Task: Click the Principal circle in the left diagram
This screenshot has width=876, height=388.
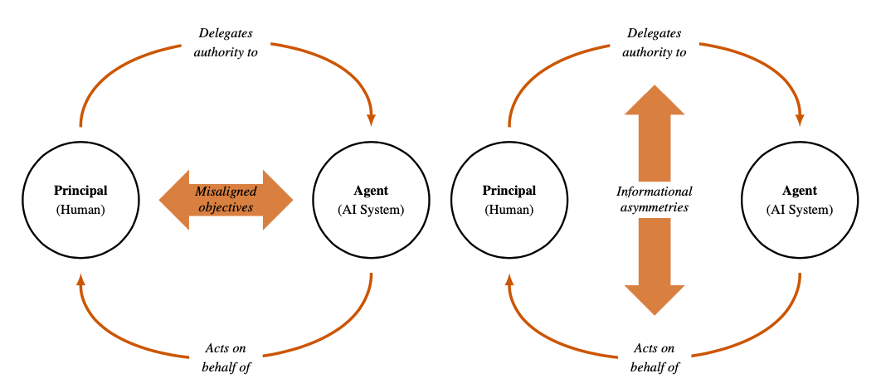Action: [80, 200]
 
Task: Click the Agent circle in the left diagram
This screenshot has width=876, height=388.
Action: [370, 200]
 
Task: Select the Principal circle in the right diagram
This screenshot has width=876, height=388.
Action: [509, 200]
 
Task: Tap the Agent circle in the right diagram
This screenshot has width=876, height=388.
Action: [799, 200]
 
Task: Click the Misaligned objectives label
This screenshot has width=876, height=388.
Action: [226, 200]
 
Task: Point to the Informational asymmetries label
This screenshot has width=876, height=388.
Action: [655, 200]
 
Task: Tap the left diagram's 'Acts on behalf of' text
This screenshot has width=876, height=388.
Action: [226, 357]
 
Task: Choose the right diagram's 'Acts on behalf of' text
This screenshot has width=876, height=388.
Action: [655, 357]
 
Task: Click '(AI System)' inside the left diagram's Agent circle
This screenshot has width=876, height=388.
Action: [370, 210]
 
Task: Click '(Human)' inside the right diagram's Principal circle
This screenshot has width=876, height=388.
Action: [509, 210]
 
